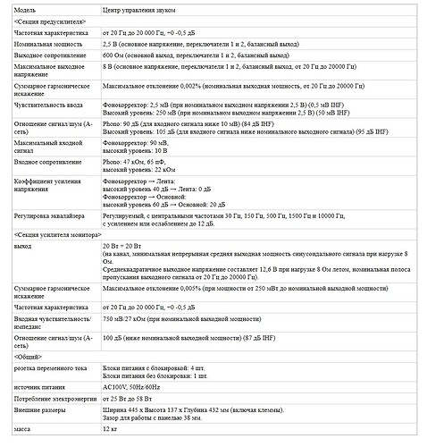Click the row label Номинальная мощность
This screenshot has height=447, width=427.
(x=50, y=42)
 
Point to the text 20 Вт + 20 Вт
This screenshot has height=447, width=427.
(x=127, y=244)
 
